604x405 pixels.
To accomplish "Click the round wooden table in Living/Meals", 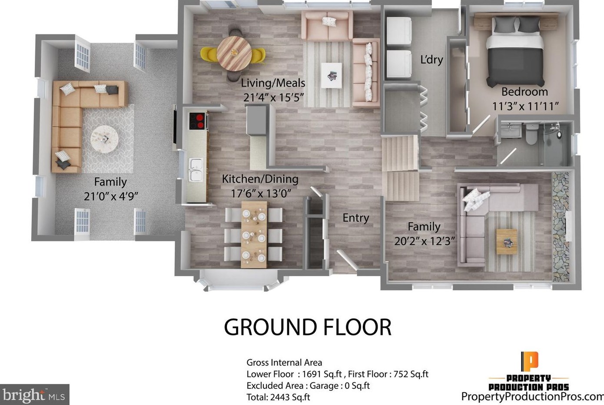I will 234,53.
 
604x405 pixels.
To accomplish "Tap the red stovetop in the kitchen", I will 197,121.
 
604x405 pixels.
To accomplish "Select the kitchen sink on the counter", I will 195,169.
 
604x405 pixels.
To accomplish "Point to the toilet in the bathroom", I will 531,134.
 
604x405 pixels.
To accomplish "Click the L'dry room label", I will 431,60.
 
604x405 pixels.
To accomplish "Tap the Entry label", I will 355,218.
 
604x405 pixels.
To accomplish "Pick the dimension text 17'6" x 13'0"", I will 261,193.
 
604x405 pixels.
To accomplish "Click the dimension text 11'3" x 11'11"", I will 525,106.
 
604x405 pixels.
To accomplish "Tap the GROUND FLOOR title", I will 308,327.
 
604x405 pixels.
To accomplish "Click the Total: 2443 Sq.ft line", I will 278,397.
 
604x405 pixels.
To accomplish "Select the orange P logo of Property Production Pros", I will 529,361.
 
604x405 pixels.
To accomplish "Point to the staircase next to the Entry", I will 400,167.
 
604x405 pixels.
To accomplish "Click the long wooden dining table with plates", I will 254,234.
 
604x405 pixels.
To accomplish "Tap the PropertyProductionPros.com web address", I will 532,396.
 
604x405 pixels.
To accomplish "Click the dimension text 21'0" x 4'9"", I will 111,196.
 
